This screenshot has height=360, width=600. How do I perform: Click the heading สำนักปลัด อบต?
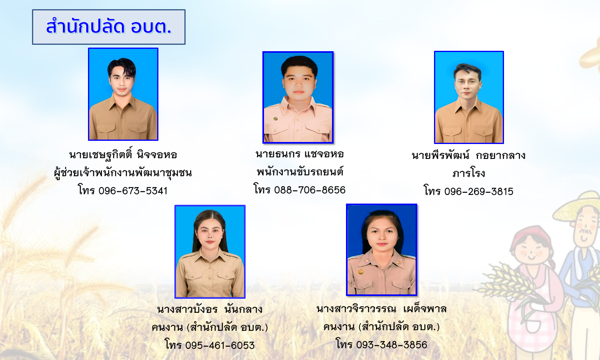point(109,27)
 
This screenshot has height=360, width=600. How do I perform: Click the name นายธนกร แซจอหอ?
point(300,154)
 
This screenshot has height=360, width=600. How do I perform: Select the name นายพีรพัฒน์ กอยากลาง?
point(468,155)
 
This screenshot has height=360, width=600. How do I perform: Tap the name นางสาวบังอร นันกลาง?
point(210,309)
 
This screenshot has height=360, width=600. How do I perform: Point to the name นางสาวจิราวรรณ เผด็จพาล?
point(382,309)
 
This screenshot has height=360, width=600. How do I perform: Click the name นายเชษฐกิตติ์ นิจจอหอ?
point(123,154)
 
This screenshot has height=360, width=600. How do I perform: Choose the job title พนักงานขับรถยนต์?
point(300,172)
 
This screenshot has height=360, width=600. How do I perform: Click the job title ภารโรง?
point(469,173)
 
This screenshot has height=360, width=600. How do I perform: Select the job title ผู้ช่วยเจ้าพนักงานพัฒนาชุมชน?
point(123,173)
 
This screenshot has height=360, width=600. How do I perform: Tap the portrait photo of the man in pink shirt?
point(298,97)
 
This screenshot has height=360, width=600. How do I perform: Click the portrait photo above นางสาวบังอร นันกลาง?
point(210,252)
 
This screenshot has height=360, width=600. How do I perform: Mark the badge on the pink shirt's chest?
point(275,118)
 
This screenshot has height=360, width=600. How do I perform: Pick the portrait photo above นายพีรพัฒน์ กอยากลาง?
point(469,98)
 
